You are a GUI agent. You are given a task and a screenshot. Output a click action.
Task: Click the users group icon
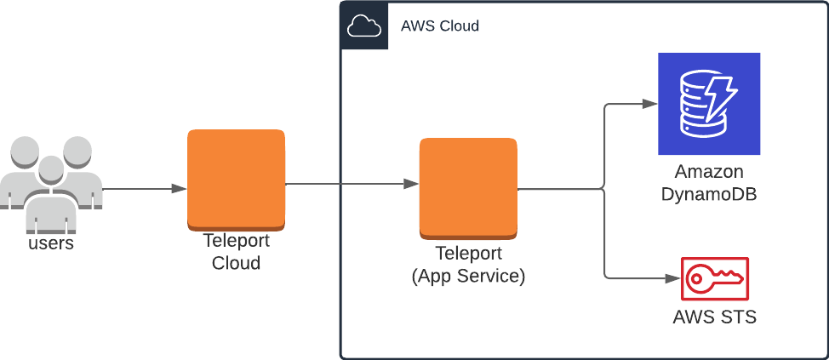click(x=51, y=182)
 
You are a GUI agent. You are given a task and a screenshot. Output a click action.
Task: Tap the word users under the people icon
click(x=51, y=243)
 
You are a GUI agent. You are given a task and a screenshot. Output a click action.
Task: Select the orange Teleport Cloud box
click(x=236, y=180)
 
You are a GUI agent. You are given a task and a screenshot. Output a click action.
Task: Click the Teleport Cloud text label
click(x=236, y=252)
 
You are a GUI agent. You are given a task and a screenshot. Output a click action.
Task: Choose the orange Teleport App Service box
click(x=468, y=187)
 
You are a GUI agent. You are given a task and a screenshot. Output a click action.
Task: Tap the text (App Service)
click(x=468, y=276)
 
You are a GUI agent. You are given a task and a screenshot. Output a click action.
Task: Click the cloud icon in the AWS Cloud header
click(x=364, y=26)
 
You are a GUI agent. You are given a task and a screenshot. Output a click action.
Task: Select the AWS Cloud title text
click(x=439, y=26)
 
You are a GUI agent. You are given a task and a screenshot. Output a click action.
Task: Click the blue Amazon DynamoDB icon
click(x=708, y=103)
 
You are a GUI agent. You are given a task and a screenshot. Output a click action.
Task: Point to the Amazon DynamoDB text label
click(x=708, y=183)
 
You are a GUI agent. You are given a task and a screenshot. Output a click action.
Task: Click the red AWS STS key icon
click(x=714, y=277)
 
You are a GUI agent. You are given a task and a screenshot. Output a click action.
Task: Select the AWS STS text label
click(x=714, y=317)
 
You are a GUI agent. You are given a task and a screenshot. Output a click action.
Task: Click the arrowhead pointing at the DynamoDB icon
click(x=650, y=104)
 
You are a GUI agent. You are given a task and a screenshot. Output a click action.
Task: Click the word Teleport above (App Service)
click(x=468, y=254)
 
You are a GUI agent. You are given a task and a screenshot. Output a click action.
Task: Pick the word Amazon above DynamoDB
click(x=708, y=172)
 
